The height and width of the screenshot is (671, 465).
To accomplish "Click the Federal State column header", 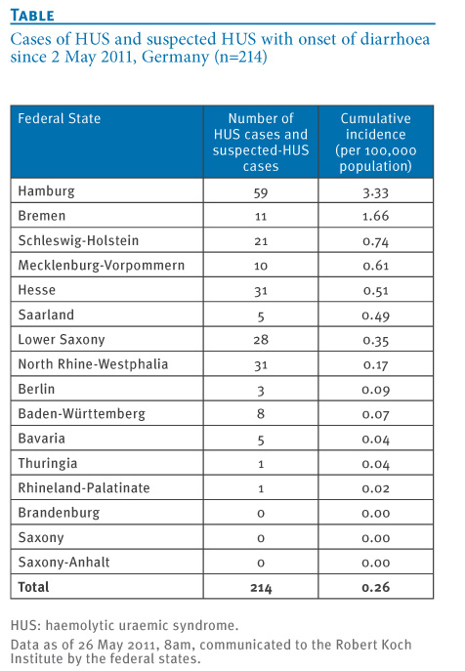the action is coord(59,118).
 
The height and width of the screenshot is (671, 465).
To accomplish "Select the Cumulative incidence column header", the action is coord(375,142).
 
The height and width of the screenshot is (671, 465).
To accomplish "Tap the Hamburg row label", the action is coord(46,190).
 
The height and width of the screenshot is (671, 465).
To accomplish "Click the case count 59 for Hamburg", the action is coord(261,193).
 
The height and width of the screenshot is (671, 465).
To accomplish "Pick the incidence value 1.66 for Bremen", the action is coord(375,216).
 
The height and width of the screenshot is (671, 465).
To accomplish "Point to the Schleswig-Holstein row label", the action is coord(78,240).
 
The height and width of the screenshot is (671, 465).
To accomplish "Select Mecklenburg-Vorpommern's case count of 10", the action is coord(261,266).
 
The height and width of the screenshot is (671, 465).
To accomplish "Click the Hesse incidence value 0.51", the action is coord(375,291).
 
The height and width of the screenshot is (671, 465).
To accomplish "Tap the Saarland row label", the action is coord(46,315).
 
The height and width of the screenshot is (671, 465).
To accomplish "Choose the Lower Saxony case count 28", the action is coord(261,340).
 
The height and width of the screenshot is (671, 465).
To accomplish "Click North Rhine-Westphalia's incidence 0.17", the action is coord(375,365).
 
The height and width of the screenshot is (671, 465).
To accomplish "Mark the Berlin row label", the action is coord(36,389).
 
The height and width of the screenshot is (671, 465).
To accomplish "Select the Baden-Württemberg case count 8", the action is coord(261,414).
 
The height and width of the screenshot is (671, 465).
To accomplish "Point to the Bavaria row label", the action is coord(42,439).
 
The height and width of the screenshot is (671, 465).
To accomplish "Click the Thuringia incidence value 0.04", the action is coord(375,464).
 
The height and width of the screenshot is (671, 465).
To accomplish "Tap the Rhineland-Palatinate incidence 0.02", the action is coord(375,488).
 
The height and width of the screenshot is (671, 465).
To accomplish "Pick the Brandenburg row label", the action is coord(59,513).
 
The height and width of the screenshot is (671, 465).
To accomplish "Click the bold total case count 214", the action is coord(261,588).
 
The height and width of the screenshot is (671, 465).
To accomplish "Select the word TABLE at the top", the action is coord(32,16).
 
